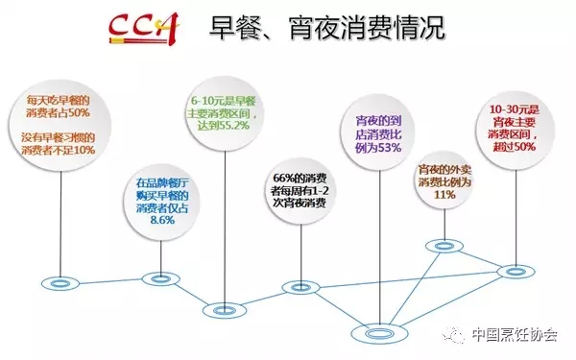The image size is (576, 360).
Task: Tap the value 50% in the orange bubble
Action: tap(79, 112)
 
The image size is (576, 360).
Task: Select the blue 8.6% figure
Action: tap(162, 220)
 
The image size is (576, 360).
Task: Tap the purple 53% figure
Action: tap(389, 148)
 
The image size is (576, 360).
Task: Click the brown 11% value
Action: tap(444, 194)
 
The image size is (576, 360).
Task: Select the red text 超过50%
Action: tap(515, 147)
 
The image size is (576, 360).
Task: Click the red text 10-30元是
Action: tap(515, 109)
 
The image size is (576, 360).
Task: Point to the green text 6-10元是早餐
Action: tap(224, 102)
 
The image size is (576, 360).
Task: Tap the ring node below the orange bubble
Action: tap(60, 283)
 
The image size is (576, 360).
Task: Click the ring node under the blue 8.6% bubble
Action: tap(160, 279)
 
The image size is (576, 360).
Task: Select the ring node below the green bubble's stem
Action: tap(225, 311)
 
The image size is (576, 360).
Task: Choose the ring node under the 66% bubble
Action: tap(300, 288)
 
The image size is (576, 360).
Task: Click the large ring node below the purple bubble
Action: tap(379, 333)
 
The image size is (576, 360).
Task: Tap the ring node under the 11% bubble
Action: tap(444, 246)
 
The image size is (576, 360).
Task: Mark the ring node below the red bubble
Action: tap(516, 272)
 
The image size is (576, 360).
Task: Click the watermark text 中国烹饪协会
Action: tap(515, 335)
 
